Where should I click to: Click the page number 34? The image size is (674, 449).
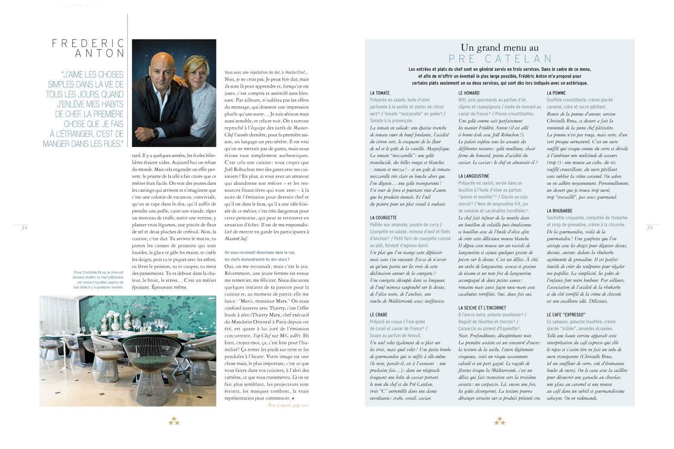tap(24, 228)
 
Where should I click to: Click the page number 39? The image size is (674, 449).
tap(649, 228)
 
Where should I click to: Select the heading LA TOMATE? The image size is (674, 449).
tap(380, 93)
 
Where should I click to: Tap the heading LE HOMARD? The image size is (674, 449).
tap(469, 93)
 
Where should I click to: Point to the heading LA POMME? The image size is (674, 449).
tap(556, 93)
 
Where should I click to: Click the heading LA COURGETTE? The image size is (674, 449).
tap(383, 218)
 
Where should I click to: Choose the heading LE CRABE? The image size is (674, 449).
tap(379, 315)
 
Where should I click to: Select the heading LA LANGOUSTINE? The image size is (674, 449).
tap(474, 176)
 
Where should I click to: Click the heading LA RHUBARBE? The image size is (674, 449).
tap(559, 211)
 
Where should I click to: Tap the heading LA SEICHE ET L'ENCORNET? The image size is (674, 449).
tap(482, 308)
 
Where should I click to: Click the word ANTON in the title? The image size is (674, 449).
tap(100, 54)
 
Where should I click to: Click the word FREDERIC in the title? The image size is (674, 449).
tap(88, 43)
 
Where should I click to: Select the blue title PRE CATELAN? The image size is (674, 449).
tap(500, 59)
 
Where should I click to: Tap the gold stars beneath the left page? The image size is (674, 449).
tap(174, 421)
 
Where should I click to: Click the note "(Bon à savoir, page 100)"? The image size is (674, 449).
tap(287, 405)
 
